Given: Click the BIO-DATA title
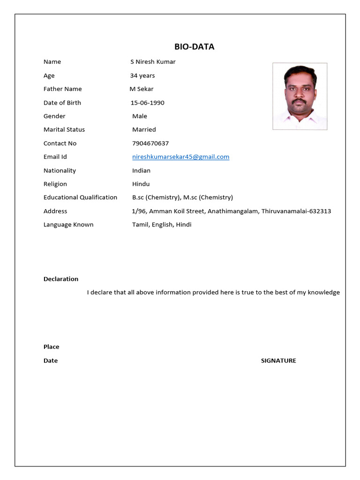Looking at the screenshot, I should pyautogui.click(x=194, y=46).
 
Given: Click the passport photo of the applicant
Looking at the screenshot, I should pyautogui.click(x=300, y=96).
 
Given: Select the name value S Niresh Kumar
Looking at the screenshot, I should pyautogui.click(x=153, y=62).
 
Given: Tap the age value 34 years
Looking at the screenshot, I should pyautogui.click(x=142, y=75).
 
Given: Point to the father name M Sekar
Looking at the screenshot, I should pyautogui.click(x=142, y=89).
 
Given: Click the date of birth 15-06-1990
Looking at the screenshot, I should pyautogui.click(x=147, y=103).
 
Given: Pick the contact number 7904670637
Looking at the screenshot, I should pyautogui.click(x=150, y=143).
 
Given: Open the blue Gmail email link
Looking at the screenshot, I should pyautogui.click(x=180, y=157).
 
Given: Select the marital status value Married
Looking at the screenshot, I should pyautogui.click(x=144, y=129).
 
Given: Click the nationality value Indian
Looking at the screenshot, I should pyautogui.click(x=141, y=171).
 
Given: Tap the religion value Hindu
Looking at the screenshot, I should pyautogui.click(x=141, y=184).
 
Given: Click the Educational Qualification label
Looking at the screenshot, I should pyautogui.click(x=80, y=197).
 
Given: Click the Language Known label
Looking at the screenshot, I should pyautogui.click(x=68, y=225).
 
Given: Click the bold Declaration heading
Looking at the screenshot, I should pyautogui.click(x=61, y=279).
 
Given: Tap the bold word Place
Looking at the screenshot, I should pyautogui.click(x=52, y=347).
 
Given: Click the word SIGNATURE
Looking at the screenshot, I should pyautogui.click(x=278, y=360).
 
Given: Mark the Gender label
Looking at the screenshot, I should pyautogui.click(x=54, y=116).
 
